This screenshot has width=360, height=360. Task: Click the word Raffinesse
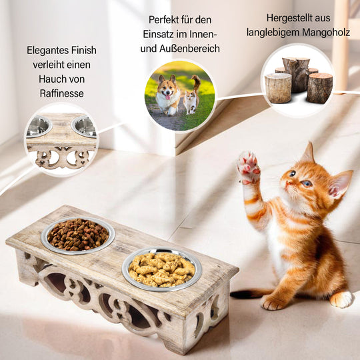pos(61,93)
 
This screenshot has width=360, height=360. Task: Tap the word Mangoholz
pos(326,33)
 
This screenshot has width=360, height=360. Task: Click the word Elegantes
pos(47,50)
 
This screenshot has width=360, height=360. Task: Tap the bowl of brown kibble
pos(78,235)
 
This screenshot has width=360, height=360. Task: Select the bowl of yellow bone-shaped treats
pos(162,269)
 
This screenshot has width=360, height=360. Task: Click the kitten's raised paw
pos(249,167)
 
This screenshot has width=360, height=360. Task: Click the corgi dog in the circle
pos(167,95)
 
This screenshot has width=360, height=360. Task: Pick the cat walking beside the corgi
pos(192,97)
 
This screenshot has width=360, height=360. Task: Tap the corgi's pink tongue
pos(168,97)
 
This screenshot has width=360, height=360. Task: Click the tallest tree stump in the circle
pos(296,75)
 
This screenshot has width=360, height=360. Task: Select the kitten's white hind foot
pos(341,299)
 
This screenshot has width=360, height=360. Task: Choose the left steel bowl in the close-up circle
pos(39,127)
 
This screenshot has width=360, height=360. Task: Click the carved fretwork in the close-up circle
pos(62,158)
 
